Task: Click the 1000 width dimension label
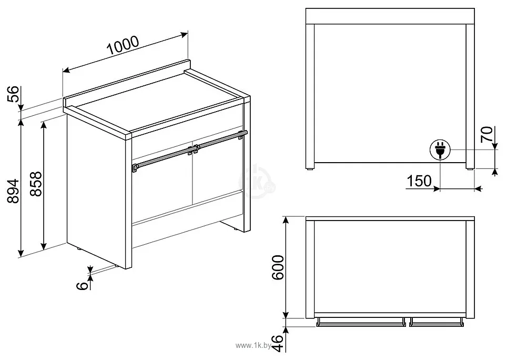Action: [123, 46]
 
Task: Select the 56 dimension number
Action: [15, 95]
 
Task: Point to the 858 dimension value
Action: [35, 184]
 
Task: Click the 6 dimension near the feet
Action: [82, 285]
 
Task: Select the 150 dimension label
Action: [419, 181]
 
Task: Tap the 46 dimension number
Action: [277, 342]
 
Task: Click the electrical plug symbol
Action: [440, 150]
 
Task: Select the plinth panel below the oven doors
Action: [187, 221]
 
